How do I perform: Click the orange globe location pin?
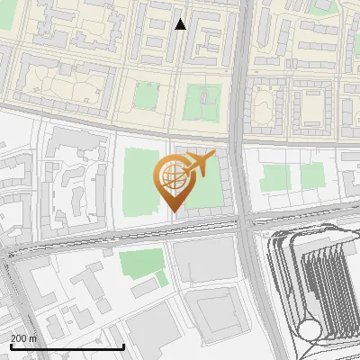[173, 180]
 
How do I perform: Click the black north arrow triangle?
[180, 24]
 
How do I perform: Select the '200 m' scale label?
[23, 337]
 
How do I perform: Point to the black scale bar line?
[67, 346]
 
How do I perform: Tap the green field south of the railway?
[141, 264]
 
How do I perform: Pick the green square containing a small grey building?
[202, 101]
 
